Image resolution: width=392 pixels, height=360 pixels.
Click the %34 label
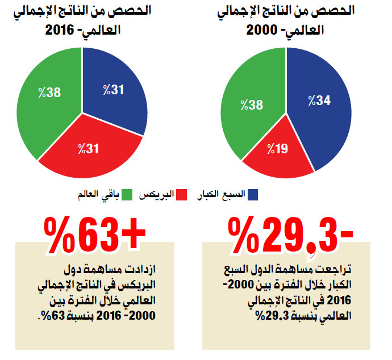(319, 101)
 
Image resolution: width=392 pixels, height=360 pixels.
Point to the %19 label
(277, 149)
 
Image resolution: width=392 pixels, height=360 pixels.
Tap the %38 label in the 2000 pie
(252, 105)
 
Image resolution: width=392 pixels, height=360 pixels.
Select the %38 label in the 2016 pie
(49, 93)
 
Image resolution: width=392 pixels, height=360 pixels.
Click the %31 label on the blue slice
(114, 90)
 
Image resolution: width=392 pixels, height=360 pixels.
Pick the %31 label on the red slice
(88, 149)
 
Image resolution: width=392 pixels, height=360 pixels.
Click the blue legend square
(252, 195)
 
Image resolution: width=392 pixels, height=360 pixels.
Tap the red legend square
(181, 195)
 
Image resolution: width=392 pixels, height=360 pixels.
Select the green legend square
(127, 195)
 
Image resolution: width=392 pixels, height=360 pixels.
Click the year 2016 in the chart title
(60, 30)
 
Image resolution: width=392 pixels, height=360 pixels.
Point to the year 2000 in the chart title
(262, 30)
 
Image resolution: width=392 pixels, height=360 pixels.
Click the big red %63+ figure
(94, 235)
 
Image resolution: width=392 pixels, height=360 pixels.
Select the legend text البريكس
(156, 195)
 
